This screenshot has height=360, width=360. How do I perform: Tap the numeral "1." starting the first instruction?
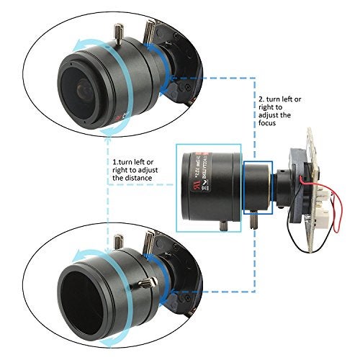(x=115, y=162)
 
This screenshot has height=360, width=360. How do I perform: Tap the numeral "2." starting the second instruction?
(x=261, y=95)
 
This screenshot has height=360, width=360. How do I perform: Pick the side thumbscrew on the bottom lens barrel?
(x=150, y=280)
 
